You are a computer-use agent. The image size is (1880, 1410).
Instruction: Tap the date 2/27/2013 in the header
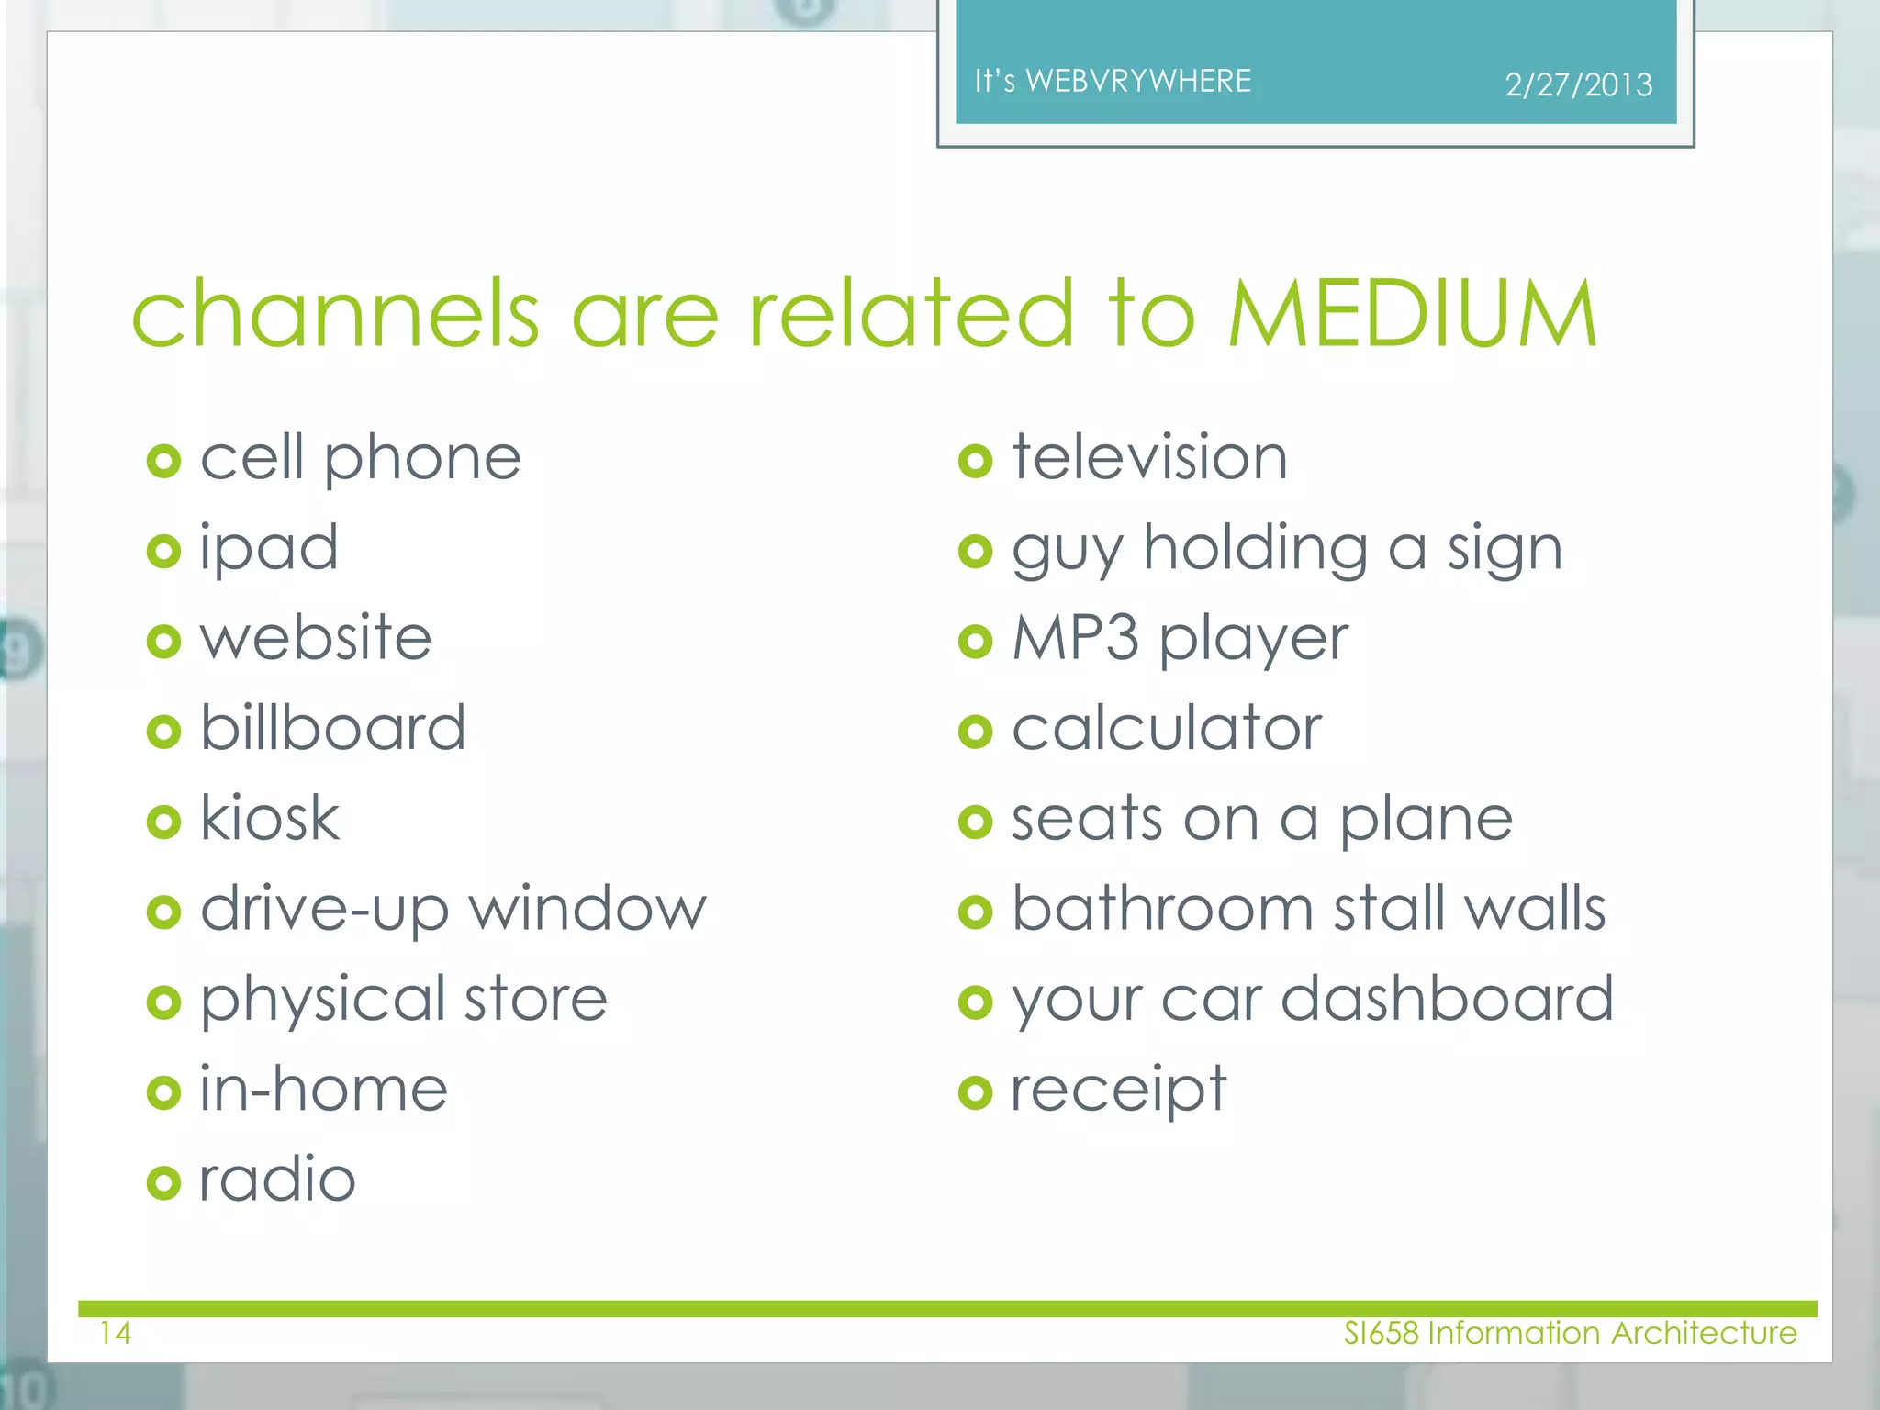pos(1578,85)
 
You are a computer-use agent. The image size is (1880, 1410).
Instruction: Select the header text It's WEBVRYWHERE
pos(1113,82)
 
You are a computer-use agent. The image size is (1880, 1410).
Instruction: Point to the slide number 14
pos(116,1333)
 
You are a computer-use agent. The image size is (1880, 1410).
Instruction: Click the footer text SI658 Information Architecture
pos(1570,1333)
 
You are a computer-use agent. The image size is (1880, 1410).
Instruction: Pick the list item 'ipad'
pos(269,549)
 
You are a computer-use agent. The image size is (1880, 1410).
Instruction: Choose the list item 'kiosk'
pos(270,818)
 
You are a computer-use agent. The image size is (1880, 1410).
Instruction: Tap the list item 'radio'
pos(277,1180)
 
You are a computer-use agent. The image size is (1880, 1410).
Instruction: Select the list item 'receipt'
pos(1118,1091)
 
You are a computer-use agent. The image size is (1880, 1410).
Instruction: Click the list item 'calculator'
pos(1167,729)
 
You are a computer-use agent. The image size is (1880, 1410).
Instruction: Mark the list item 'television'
pos(1149,457)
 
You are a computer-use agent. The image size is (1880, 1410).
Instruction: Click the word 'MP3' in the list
pos(1075,638)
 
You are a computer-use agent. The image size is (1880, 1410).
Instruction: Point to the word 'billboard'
pos(333,728)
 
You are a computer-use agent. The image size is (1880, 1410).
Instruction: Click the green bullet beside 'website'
pos(163,641)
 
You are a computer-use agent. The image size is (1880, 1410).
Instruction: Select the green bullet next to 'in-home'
pos(163,1092)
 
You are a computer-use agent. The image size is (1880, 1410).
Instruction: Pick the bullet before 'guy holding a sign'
pos(975,551)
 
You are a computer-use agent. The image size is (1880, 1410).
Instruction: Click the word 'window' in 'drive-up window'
pos(587,909)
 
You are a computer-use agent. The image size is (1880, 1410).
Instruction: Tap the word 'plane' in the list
pos(1426,820)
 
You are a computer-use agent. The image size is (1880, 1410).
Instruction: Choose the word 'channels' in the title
pos(335,314)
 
